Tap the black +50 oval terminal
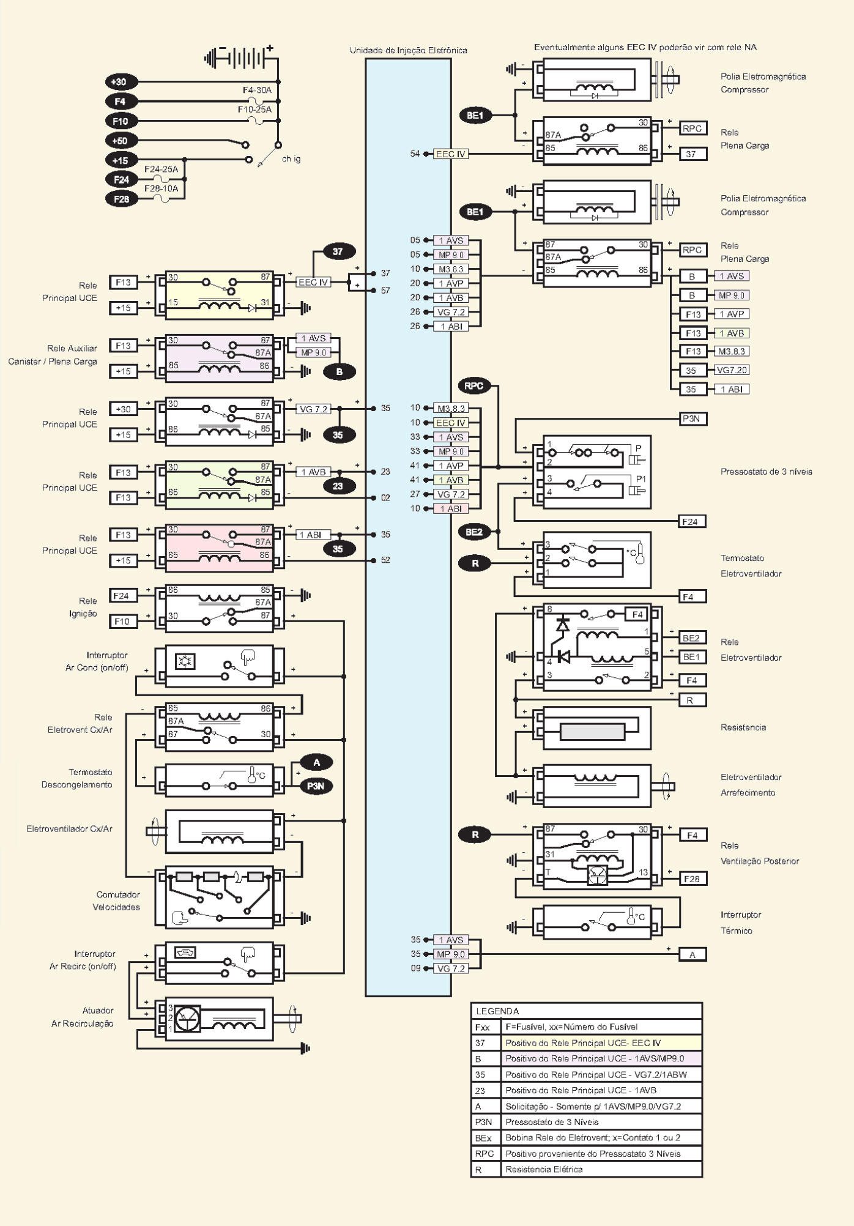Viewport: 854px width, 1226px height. point(121,140)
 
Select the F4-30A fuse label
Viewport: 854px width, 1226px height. point(257,90)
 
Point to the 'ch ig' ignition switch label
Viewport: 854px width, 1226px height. point(291,159)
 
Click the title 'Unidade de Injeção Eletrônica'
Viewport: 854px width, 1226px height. point(408,50)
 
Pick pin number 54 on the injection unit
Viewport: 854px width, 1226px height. point(415,154)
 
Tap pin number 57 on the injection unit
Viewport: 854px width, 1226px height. point(385,291)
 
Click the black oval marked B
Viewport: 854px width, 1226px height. point(339,371)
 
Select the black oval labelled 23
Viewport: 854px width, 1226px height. point(338,486)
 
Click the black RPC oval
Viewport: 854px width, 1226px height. point(474,386)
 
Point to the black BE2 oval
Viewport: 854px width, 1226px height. point(474,532)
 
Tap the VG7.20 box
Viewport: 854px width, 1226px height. point(732,370)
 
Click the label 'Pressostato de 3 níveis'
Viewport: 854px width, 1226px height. point(766,472)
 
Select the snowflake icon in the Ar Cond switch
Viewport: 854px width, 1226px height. point(184,661)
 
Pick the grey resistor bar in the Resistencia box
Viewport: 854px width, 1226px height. point(592,732)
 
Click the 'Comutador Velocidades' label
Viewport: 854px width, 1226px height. point(117,901)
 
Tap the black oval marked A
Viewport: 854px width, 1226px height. point(316,762)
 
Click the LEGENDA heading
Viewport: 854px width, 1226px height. point(497,1011)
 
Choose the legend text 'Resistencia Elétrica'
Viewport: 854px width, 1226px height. point(544,1169)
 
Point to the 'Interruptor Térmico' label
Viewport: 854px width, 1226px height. point(740,923)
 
